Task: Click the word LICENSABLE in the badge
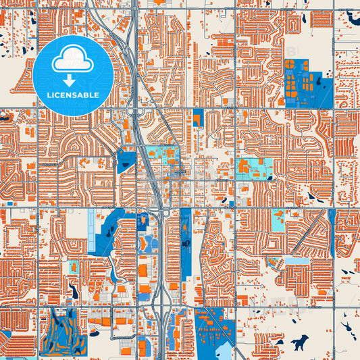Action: coord(73,95)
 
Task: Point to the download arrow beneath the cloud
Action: coord(73,79)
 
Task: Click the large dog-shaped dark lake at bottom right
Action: coord(297,344)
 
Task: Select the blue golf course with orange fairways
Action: coord(64,332)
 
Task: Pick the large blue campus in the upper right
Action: coord(307,84)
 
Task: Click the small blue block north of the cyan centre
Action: coord(198,118)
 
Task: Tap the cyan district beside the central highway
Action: coord(162,156)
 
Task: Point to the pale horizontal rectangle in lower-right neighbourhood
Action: coord(297,261)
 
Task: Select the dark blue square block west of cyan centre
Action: coord(126,161)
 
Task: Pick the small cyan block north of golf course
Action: coord(74,267)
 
